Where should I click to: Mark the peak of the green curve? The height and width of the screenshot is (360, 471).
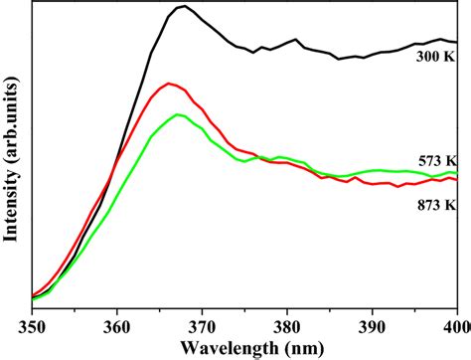[x=178, y=114]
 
